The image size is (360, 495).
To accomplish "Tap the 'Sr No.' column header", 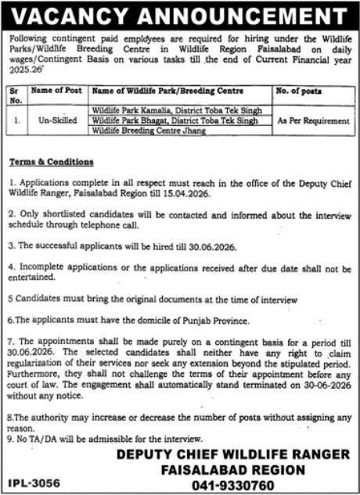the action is pos(16,95).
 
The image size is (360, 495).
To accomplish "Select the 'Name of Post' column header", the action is pos(56,91).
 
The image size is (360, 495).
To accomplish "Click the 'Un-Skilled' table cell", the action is pos(56,121).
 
